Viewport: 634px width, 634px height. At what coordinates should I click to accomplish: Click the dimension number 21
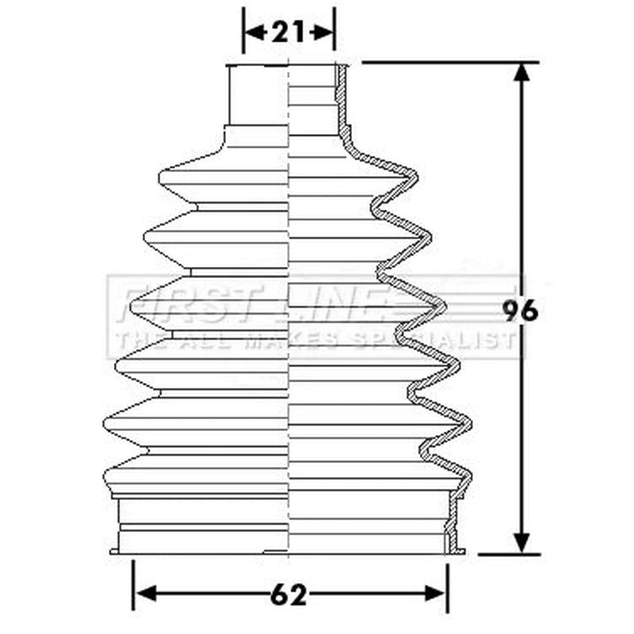click(288, 32)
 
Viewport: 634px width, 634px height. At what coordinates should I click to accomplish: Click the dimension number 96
click(521, 311)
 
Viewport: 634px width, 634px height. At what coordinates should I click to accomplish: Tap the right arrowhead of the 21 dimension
click(323, 32)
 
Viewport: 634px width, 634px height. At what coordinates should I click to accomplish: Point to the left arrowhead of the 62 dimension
click(146, 594)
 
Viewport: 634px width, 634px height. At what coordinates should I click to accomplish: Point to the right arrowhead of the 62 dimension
click(434, 594)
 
